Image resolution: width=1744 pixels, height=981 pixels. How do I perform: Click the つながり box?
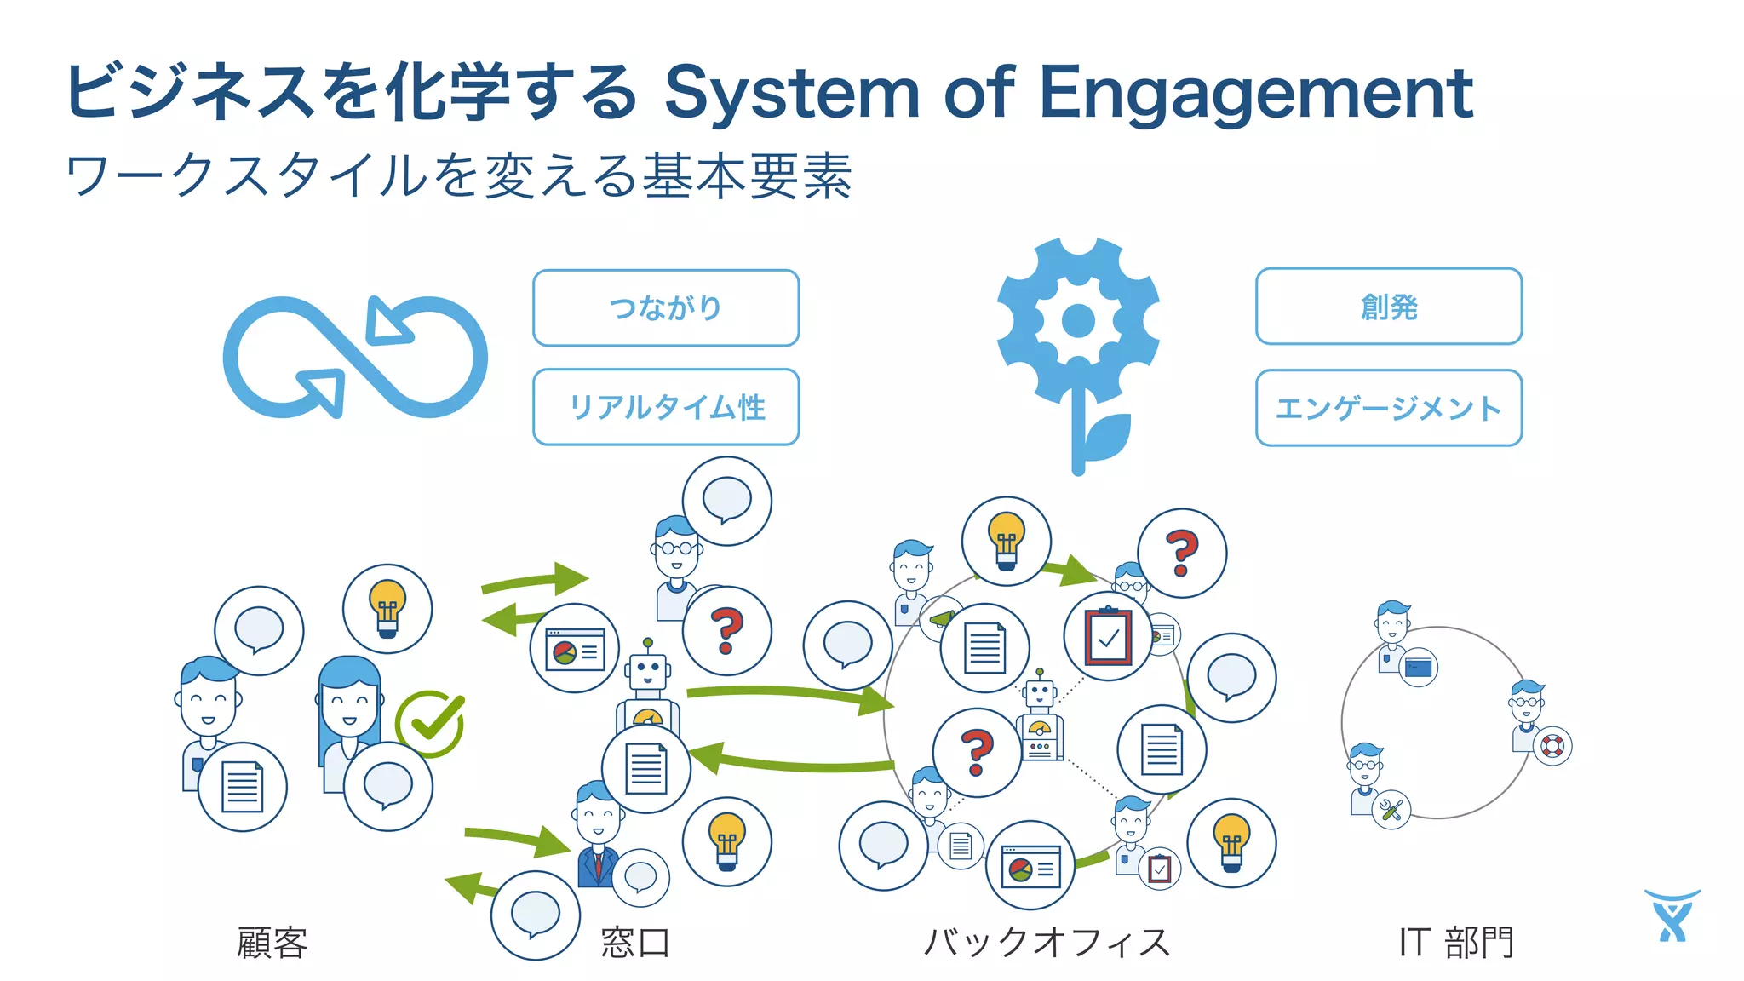(x=666, y=308)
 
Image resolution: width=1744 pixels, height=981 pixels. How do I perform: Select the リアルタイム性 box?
(x=666, y=407)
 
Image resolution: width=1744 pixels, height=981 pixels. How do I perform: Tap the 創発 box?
(x=1388, y=307)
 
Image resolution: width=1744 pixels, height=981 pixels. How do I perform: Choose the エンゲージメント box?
(x=1388, y=408)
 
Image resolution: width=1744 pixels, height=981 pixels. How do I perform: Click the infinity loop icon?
(x=355, y=358)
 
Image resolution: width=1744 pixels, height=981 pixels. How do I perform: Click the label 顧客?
(x=272, y=943)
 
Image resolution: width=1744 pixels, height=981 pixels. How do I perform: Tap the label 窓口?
(x=635, y=943)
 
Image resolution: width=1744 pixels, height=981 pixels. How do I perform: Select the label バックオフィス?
(x=1047, y=943)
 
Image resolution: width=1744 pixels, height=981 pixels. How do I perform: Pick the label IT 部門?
(x=1456, y=943)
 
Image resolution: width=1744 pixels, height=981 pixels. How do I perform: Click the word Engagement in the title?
(x=1256, y=92)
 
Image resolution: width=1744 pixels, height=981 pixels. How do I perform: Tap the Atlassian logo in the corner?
(x=1672, y=915)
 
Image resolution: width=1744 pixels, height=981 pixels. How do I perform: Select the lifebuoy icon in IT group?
(x=1552, y=747)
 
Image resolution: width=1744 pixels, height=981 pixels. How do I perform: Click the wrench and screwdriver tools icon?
(x=1391, y=810)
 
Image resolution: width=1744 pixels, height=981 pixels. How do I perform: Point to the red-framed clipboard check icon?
(x=1108, y=636)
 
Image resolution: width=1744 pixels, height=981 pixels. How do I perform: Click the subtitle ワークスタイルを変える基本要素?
(x=459, y=176)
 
